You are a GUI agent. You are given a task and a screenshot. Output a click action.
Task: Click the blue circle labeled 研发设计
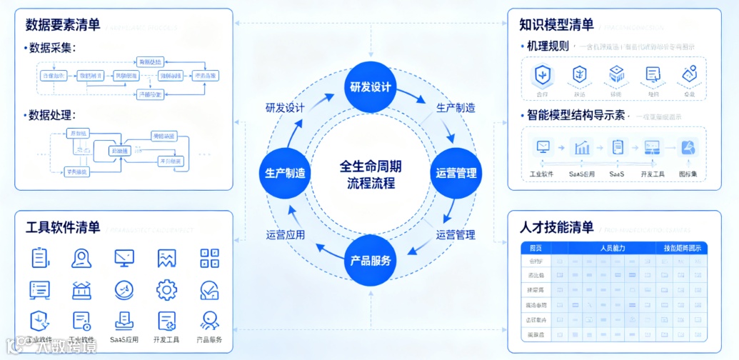click(x=370, y=87)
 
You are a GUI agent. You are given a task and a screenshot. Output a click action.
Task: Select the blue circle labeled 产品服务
click(x=370, y=260)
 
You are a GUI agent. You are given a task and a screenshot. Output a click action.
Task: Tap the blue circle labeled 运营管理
click(x=456, y=173)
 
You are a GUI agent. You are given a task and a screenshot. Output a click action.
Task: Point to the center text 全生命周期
click(x=370, y=166)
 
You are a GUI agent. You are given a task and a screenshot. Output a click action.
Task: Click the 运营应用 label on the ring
click(x=286, y=234)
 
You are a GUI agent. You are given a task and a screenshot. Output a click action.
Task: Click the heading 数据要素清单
click(x=63, y=25)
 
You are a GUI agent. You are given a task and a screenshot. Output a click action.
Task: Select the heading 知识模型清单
click(x=557, y=25)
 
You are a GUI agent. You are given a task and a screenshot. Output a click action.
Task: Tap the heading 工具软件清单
click(x=63, y=228)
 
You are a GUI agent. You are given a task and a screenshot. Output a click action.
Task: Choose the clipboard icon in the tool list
click(x=40, y=258)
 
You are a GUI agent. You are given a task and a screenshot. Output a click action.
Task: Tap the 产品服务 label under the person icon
click(x=209, y=340)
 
